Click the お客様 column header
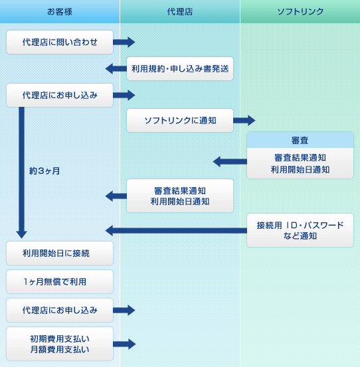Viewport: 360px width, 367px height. pos(60,11)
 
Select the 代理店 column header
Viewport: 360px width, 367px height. pos(180,11)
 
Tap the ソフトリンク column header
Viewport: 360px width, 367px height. pos(300,11)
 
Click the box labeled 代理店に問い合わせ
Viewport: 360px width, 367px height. pos(60,42)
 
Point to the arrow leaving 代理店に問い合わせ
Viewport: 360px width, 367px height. pos(124,42)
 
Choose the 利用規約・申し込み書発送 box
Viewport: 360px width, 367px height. pos(180,68)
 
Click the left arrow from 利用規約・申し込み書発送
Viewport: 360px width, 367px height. pos(116,68)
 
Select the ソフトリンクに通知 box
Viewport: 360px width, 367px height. pos(180,120)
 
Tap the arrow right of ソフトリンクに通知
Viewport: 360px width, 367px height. pos(244,120)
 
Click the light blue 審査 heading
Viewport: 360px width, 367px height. pos(300,140)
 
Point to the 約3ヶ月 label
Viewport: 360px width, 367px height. pos(45,171)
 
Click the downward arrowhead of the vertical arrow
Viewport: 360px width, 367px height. pos(21,234)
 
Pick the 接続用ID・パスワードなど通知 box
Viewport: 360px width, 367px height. pos(300,230)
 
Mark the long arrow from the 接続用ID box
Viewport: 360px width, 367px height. pos(176,230)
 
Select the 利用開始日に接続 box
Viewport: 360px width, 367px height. pos(60,254)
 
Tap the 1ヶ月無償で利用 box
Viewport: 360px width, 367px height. pos(60,281)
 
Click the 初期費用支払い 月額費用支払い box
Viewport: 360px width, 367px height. pos(60,344)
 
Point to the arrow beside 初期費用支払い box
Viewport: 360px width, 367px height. pos(124,344)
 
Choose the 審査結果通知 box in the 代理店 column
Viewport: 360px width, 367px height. pos(180,196)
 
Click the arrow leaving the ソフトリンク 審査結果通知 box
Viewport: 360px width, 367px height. pos(230,161)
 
